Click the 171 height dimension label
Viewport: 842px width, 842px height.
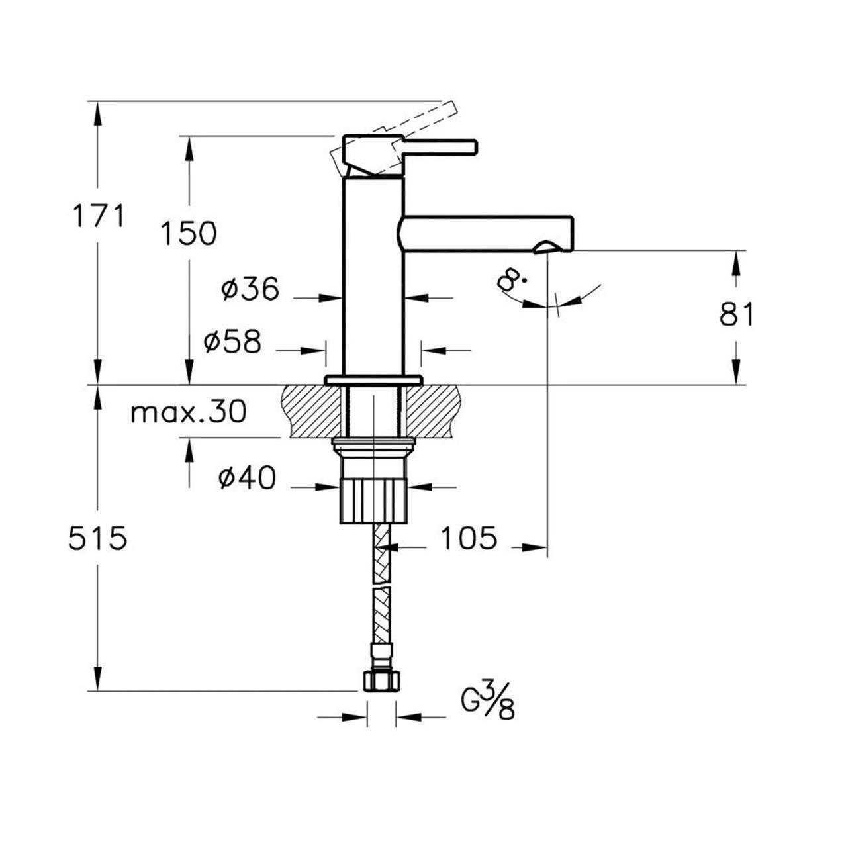pyautogui.click(x=99, y=216)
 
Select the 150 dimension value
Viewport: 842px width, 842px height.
pyautogui.click(x=189, y=233)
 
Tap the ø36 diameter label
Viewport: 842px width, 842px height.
pyautogui.click(x=250, y=289)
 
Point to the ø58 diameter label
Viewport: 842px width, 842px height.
pyautogui.click(x=232, y=341)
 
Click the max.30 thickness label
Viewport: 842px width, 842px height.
pyautogui.click(x=189, y=412)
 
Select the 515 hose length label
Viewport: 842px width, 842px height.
pyautogui.click(x=98, y=538)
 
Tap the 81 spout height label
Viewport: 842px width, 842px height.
pyautogui.click(x=737, y=314)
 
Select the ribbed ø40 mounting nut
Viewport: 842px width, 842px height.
pyautogui.click(x=374, y=499)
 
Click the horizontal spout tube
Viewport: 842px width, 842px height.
pyautogui.click(x=487, y=234)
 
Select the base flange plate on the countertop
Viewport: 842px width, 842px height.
pyautogui.click(x=374, y=380)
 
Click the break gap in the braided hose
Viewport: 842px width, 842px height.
pyautogui.click(x=381, y=585)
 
